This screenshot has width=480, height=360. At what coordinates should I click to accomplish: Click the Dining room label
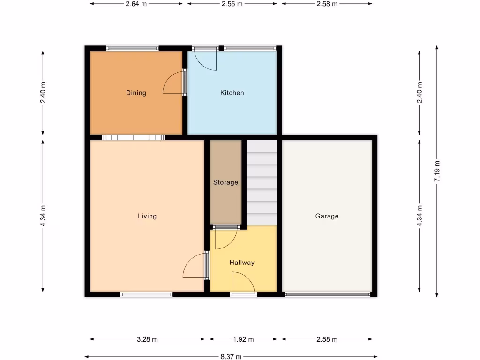click(136, 93)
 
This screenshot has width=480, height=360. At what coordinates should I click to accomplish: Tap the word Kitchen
click(232, 93)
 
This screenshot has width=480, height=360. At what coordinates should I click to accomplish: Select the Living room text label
click(147, 216)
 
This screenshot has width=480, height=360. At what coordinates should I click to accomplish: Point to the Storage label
click(225, 182)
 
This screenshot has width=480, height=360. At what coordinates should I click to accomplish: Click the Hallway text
click(242, 262)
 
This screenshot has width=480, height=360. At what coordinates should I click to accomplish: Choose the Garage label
click(327, 216)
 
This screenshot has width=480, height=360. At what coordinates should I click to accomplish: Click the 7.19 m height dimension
click(437, 172)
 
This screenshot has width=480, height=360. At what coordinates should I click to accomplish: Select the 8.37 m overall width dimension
click(232, 356)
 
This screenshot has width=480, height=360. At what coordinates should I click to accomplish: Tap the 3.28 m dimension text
click(147, 339)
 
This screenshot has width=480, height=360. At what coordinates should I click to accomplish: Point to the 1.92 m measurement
click(243, 339)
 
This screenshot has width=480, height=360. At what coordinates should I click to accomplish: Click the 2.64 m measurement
click(136, 4)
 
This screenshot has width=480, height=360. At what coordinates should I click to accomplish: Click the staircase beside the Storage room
click(262, 183)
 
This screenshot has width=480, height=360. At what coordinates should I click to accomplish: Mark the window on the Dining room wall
click(132, 48)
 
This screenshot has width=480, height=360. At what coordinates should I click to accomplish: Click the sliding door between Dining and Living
click(133, 137)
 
